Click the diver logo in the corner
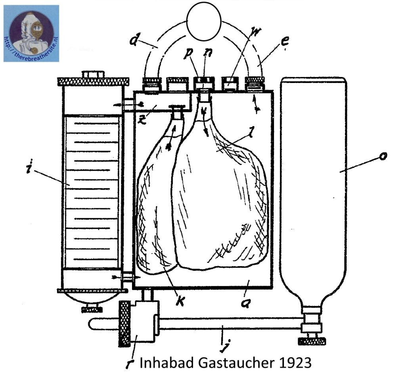31,33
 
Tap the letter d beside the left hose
134,39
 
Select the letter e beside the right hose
285,42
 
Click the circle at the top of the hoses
204,21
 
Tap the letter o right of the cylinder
383,156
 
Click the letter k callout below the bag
180,301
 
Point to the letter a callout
245,303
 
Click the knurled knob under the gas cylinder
312,341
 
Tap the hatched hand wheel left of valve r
124,323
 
